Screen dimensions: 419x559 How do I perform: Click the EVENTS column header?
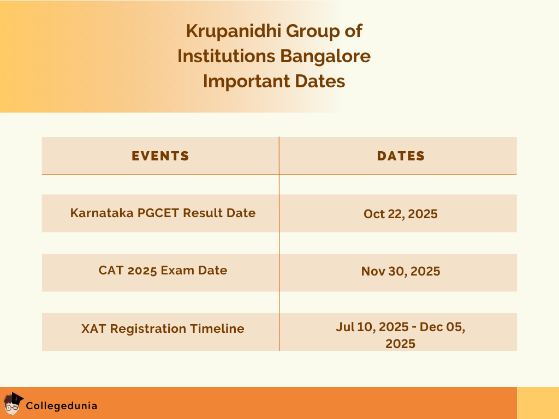tap(160, 156)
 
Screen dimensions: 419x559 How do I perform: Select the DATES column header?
tap(401, 156)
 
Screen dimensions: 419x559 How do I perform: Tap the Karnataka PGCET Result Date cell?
tap(163, 213)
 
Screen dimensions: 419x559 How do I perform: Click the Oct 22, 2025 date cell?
tap(401, 214)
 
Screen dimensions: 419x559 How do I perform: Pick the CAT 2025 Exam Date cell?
tap(163, 270)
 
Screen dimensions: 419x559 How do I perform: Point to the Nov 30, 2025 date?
tap(401, 271)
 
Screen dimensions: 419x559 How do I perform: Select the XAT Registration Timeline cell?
tap(163, 328)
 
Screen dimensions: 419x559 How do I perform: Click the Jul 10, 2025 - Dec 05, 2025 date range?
tap(401, 335)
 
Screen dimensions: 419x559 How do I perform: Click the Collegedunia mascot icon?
tap(14, 404)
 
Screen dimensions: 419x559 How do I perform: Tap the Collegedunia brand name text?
tap(62, 406)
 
